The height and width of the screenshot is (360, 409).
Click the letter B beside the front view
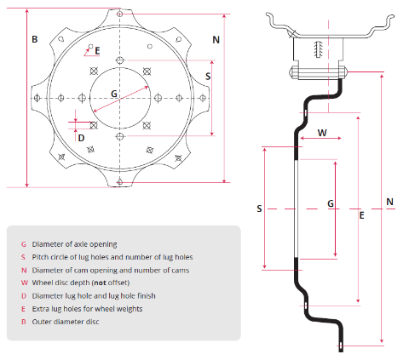pyautogui.click(x=35, y=39)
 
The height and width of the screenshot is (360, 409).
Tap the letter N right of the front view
pyautogui.click(x=216, y=40)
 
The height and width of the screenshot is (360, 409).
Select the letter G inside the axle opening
pyautogui.click(x=114, y=94)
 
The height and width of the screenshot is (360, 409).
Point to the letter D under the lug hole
pyautogui.click(x=81, y=138)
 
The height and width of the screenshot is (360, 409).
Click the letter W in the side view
pyautogui.click(x=322, y=133)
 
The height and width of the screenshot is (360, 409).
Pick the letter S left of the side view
pyautogui.click(x=259, y=209)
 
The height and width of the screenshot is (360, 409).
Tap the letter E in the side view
pyautogui.click(x=361, y=215)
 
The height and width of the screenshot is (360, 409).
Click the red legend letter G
pyautogui.click(x=24, y=244)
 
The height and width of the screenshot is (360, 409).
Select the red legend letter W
pyautogui.click(x=25, y=283)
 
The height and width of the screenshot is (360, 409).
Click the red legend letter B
pyautogui.click(x=24, y=322)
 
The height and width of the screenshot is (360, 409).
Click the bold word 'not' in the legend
pyautogui.click(x=100, y=283)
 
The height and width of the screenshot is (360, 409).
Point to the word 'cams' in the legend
pyautogui.click(x=181, y=270)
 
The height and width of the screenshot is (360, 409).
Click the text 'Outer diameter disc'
pyautogui.click(x=66, y=322)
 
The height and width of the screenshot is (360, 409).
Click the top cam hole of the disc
pyautogui.click(x=120, y=14)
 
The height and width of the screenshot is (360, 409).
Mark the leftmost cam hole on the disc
pyautogui.click(x=37, y=98)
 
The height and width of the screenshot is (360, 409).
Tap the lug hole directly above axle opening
pyautogui.click(x=120, y=60)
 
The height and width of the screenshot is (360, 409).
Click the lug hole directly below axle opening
pyautogui.click(x=120, y=136)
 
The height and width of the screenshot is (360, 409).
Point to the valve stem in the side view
pyautogui.click(x=319, y=49)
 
